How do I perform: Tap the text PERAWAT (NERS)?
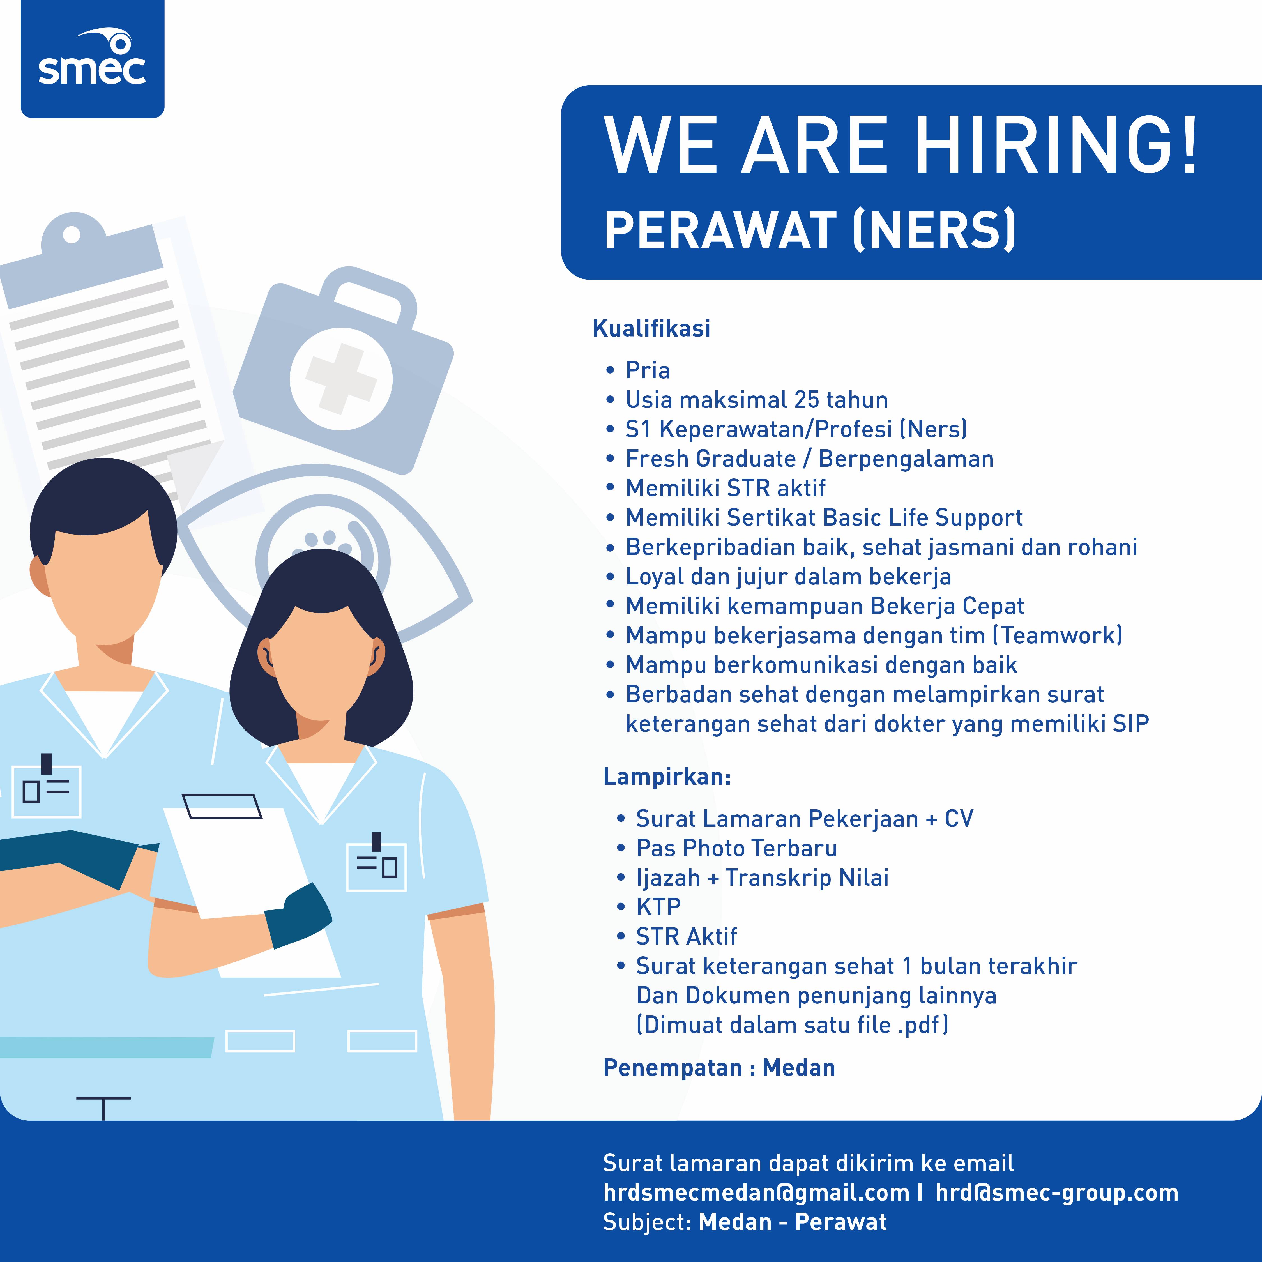(810, 230)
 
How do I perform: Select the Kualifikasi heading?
(651, 328)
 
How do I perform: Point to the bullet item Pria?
(647, 370)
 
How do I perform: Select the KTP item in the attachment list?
(658, 907)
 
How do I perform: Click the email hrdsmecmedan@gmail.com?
(756, 1193)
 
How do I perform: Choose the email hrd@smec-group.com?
(1057, 1193)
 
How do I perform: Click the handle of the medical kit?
(369, 294)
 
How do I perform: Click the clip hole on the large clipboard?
(72, 234)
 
